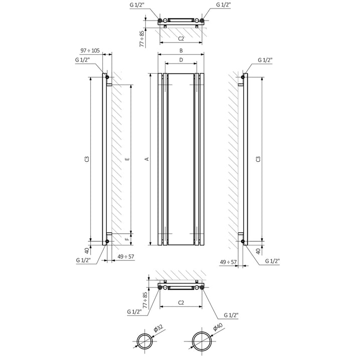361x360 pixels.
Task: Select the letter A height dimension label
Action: point(146,159)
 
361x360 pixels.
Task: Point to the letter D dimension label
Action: point(180,60)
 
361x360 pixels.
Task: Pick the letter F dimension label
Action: point(127,239)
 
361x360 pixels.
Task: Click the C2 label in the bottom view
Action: point(181,303)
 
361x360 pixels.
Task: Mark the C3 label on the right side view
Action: point(258,159)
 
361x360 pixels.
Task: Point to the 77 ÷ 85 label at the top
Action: point(142,38)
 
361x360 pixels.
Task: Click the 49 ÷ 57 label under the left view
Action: point(126,256)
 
